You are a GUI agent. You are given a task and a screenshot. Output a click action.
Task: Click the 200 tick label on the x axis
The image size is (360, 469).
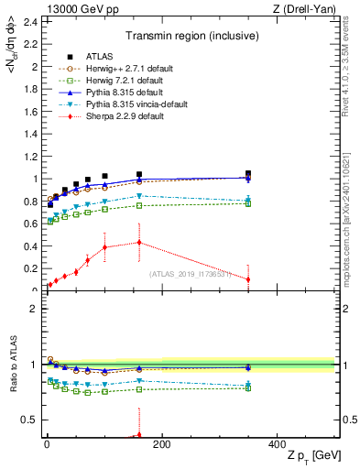point(161,443)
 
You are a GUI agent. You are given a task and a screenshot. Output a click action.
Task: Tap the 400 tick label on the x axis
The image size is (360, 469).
point(277,443)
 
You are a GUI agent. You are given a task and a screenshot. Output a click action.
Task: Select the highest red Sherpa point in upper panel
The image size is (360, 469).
point(139,242)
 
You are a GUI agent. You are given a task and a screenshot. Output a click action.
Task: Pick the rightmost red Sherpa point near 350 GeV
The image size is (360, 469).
point(248,279)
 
